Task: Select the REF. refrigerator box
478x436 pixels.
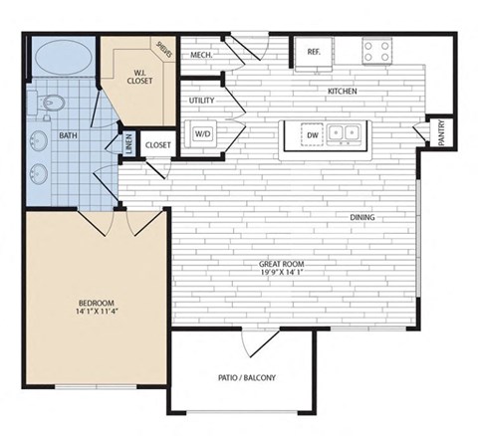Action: pyautogui.click(x=313, y=52)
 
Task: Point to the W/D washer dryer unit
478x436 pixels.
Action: pyautogui.click(x=203, y=132)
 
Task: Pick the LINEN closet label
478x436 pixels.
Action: pyautogui.click(x=127, y=144)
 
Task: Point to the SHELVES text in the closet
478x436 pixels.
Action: pyautogui.click(x=163, y=49)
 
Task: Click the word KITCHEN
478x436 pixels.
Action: pyautogui.click(x=344, y=92)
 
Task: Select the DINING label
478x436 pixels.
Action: pyautogui.click(x=362, y=218)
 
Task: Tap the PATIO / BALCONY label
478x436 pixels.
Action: pyautogui.click(x=246, y=378)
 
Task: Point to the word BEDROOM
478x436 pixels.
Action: pyautogui.click(x=97, y=303)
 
